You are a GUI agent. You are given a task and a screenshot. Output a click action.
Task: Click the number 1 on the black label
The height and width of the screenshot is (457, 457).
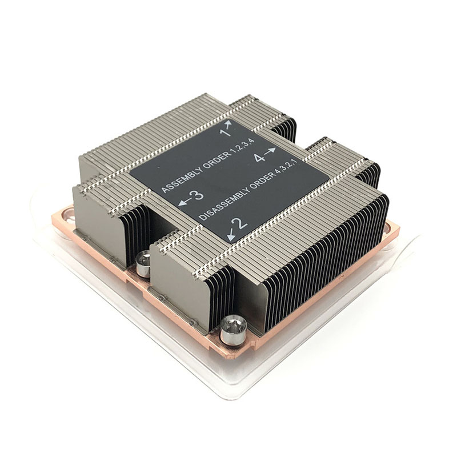point(225,133)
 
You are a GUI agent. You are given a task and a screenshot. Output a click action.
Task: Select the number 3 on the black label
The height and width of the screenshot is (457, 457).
point(198,195)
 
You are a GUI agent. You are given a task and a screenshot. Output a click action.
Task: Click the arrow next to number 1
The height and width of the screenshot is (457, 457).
point(229,124)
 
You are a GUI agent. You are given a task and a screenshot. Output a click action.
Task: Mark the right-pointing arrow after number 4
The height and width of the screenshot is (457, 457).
point(270,150)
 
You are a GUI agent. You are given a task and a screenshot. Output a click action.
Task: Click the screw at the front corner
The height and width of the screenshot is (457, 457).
point(233,330)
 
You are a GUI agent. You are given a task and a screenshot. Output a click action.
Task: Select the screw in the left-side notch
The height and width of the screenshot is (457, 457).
point(142,264)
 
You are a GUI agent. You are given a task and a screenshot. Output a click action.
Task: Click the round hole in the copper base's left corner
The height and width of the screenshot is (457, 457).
point(69,217)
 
